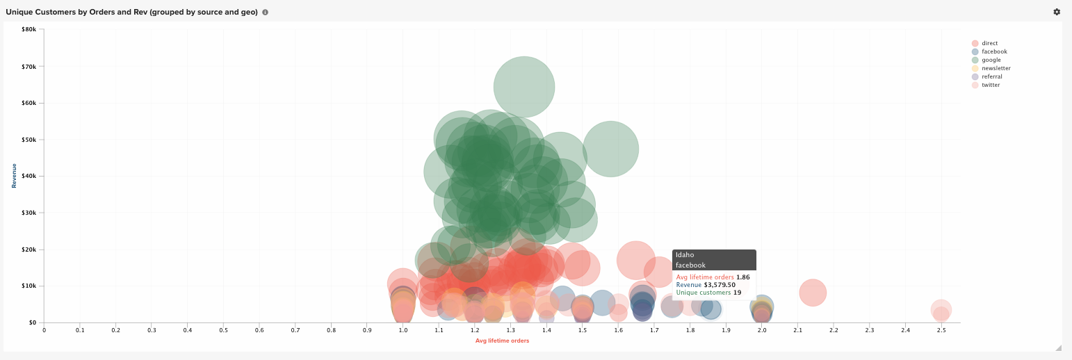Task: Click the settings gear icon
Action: pyautogui.click(x=1057, y=12)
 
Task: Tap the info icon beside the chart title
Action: pyautogui.click(x=265, y=13)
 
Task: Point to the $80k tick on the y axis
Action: pyautogui.click(x=29, y=30)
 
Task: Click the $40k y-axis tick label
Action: pyautogui.click(x=29, y=176)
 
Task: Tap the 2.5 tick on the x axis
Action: pyautogui.click(x=941, y=330)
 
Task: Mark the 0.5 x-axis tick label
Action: pyautogui.click(x=223, y=330)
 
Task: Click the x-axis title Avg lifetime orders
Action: pyautogui.click(x=502, y=341)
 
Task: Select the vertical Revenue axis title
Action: pyautogui.click(x=14, y=176)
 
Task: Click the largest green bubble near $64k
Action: pyautogui.click(x=524, y=87)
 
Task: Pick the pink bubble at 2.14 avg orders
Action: pyautogui.click(x=812, y=293)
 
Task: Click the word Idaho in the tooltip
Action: pyautogui.click(x=685, y=255)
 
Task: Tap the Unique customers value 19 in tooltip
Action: pyautogui.click(x=737, y=293)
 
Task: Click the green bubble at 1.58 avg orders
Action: pyautogui.click(x=610, y=149)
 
